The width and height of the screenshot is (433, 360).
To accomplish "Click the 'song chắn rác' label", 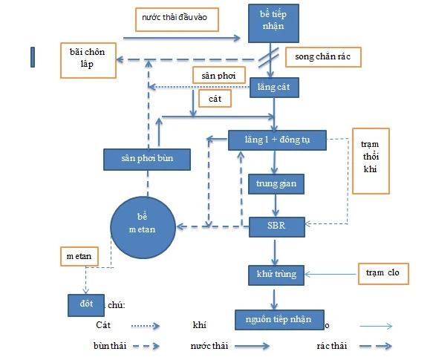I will point(322,56).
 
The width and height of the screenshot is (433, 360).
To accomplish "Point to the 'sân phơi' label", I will point(214,76).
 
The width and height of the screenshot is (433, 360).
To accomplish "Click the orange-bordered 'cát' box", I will point(215,97).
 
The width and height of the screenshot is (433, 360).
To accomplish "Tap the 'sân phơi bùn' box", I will point(147,158).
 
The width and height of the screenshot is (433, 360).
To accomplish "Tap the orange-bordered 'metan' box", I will point(78,256).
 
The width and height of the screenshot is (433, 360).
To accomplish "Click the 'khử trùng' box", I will point(276,274).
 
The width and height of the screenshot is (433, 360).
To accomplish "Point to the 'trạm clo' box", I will point(384,273).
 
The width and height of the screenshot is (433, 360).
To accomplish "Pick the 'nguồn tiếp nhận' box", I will point(280,319).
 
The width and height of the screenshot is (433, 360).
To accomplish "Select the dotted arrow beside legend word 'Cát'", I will point(146,325).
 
